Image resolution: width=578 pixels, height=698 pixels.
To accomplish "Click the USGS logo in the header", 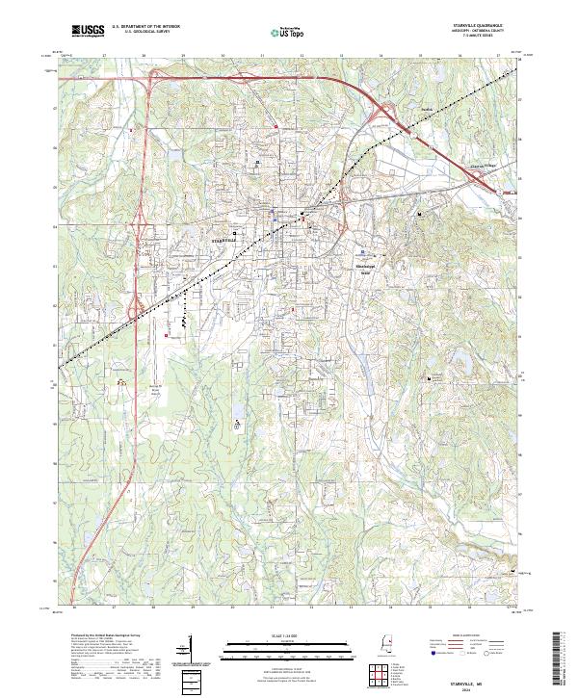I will (88, 31).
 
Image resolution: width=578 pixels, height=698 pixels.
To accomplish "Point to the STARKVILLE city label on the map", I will (223, 239).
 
